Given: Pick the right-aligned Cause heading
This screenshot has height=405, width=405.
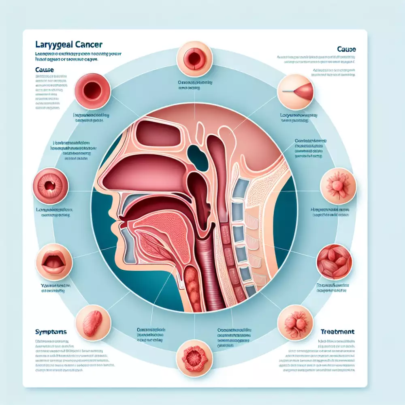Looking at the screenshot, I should pyautogui.click(x=346, y=49).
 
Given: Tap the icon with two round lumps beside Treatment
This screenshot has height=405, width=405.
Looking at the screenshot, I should pyautogui.click(x=295, y=322).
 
